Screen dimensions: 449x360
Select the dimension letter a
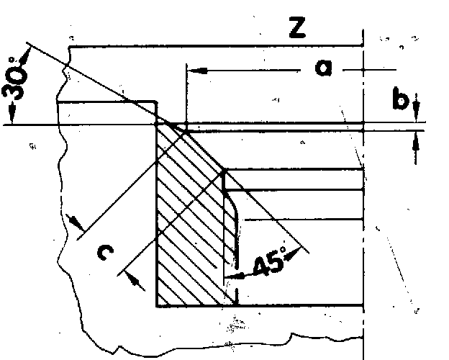click(x=325, y=68)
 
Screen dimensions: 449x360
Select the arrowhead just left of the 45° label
click(x=232, y=274)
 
